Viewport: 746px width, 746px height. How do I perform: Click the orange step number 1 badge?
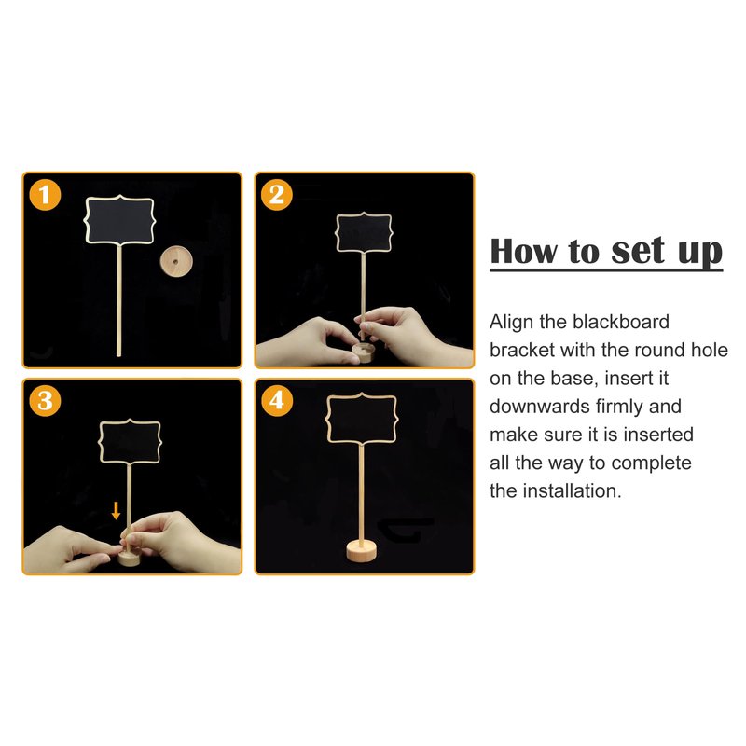[45, 195]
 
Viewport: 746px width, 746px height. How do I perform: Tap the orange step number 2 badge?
[276, 195]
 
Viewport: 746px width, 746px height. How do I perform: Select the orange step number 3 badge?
[45, 401]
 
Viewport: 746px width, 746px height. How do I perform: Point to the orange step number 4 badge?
[276, 401]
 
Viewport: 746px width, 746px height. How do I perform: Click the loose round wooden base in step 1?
[176, 261]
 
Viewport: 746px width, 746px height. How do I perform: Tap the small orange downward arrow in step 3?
[116, 510]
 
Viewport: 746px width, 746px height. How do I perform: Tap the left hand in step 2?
[307, 341]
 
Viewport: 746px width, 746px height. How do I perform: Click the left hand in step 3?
[72, 550]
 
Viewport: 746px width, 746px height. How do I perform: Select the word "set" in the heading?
[638, 251]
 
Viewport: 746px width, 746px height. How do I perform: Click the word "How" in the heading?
[524, 251]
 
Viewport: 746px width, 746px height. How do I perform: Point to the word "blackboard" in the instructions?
[621, 322]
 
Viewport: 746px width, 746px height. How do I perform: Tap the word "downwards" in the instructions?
[540, 407]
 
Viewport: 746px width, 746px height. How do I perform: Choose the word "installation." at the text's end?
[572, 491]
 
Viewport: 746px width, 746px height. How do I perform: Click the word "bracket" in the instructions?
[522, 351]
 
